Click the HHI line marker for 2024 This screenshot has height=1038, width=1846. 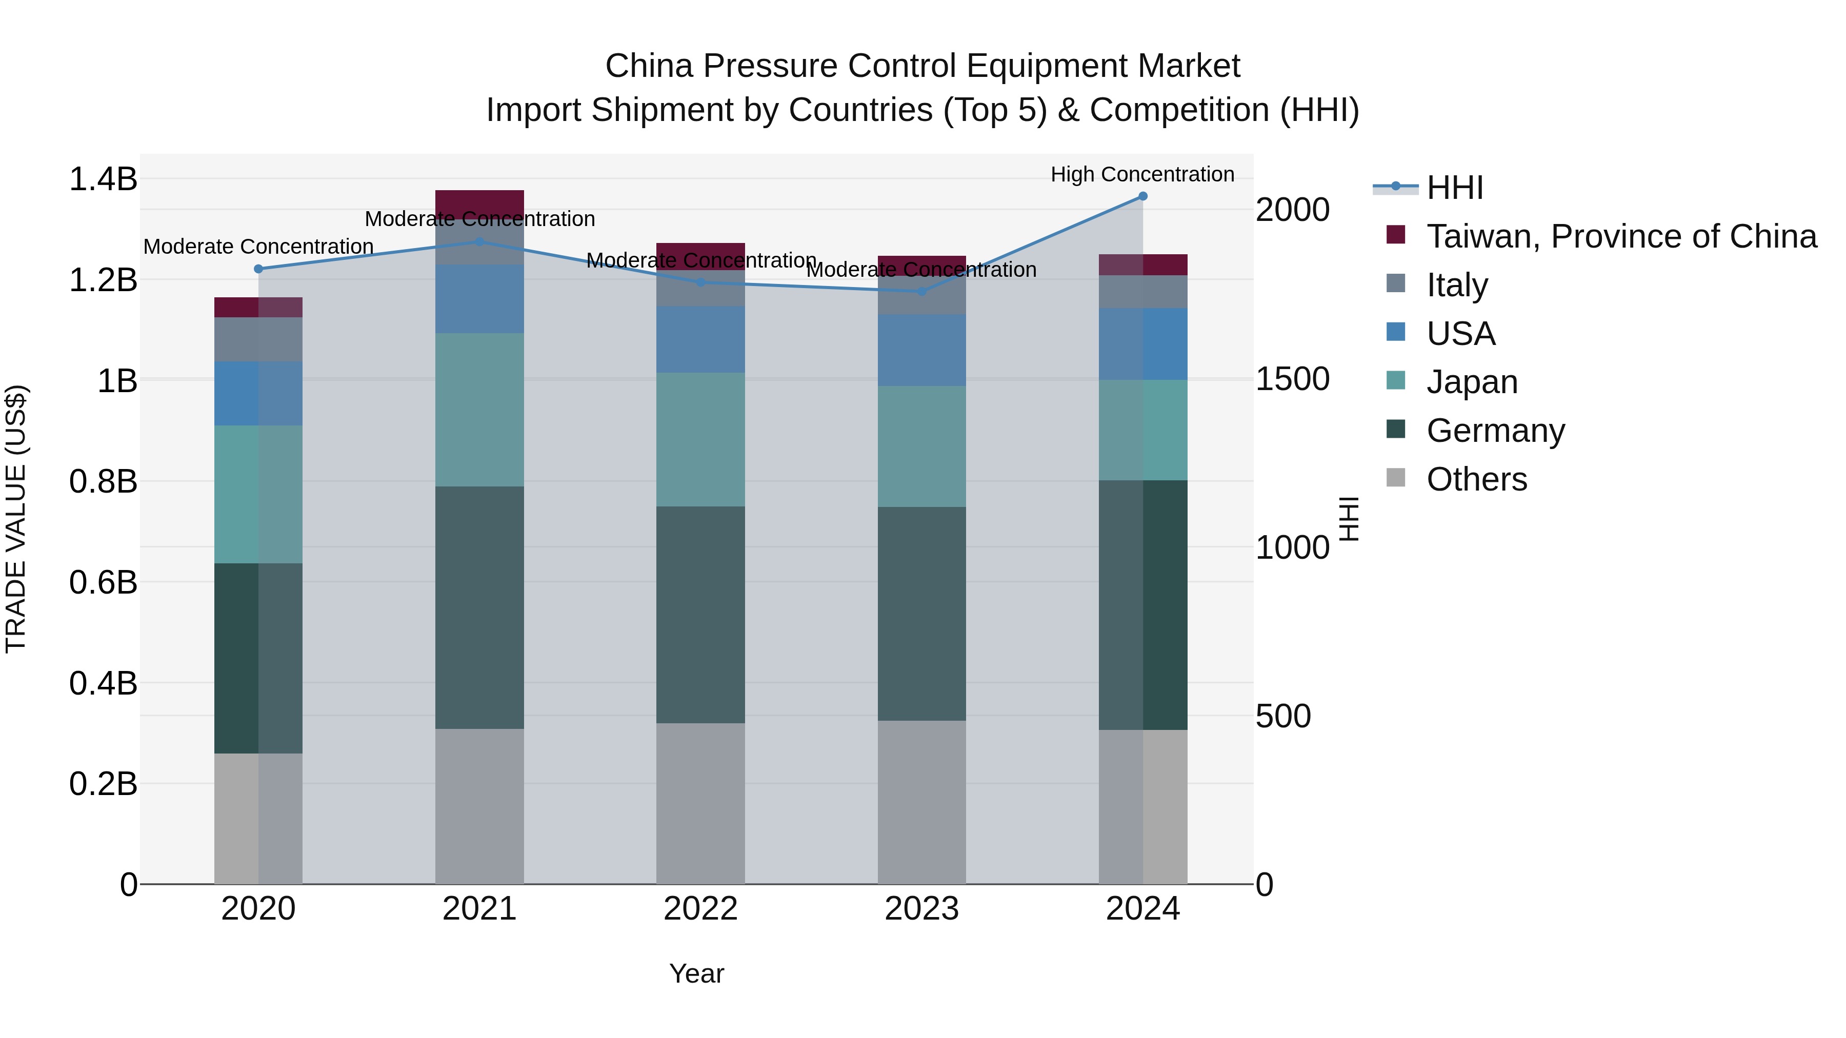click(x=1143, y=196)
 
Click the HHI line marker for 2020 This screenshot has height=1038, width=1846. click(x=259, y=269)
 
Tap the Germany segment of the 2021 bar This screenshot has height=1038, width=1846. click(x=479, y=607)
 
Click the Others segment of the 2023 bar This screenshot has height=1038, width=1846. click(x=921, y=802)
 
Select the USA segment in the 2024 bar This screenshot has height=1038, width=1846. click(x=1143, y=344)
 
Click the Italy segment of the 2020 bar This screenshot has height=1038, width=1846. click(x=259, y=339)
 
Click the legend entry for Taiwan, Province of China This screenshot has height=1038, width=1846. click(x=1621, y=236)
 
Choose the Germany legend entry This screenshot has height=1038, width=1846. click(x=1496, y=431)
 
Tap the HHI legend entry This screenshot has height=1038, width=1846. click(x=1454, y=188)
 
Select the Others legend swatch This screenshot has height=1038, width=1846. click(x=1396, y=478)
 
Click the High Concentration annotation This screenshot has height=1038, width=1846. click(x=1142, y=174)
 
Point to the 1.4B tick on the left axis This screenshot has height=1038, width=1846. click(x=103, y=178)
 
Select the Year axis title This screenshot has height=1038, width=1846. click(x=696, y=973)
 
